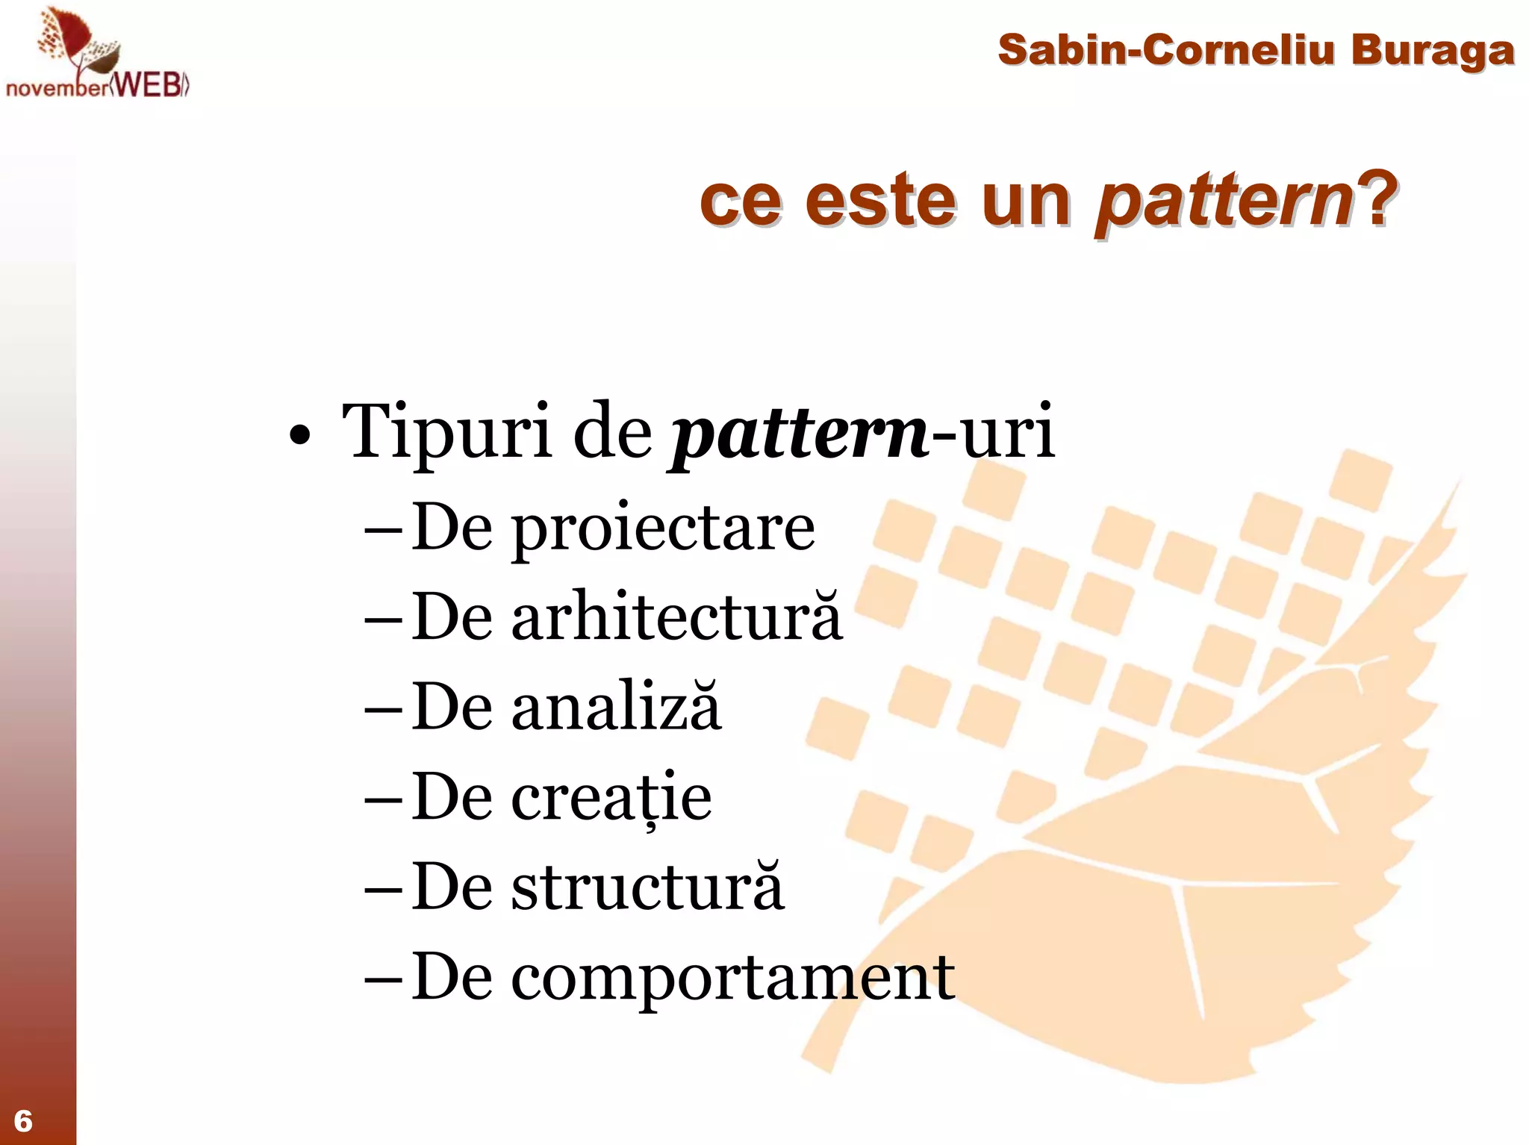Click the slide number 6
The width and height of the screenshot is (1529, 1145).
[23, 1120]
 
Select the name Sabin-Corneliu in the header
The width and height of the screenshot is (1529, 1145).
[1165, 50]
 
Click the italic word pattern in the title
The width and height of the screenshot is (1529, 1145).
[1224, 200]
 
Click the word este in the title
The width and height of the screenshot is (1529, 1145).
[880, 200]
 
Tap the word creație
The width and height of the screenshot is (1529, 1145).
[611, 797]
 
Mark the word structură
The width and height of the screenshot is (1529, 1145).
[647, 887]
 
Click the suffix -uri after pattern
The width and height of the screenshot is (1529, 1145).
[994, 433]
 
